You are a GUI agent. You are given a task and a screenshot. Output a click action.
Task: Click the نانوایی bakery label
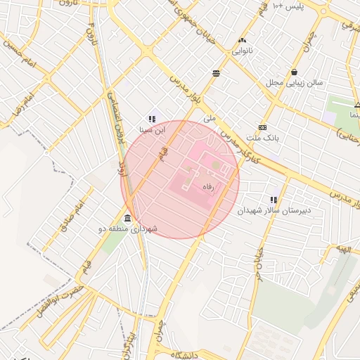[x=242, y=51]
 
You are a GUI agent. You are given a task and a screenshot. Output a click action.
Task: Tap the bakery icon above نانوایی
[x=243, y=41]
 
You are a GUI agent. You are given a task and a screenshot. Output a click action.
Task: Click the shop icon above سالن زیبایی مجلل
[x=293, y=72]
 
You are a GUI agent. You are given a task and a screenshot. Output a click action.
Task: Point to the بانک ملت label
[x=263, y=139]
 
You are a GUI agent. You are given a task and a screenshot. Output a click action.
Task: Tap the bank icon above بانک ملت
[x=262, y=127]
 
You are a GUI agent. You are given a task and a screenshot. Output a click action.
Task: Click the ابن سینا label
[x=151, y=130]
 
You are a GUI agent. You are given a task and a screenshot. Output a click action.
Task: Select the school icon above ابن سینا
[x=151, y=119]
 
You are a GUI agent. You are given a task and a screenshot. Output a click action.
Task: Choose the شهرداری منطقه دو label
[x=127, y=229]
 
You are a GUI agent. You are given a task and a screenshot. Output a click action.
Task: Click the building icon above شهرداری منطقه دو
[x=127, y=218]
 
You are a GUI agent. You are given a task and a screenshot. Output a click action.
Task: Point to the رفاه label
[x=208, y=188]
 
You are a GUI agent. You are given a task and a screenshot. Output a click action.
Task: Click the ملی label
[x=209, y=119]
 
